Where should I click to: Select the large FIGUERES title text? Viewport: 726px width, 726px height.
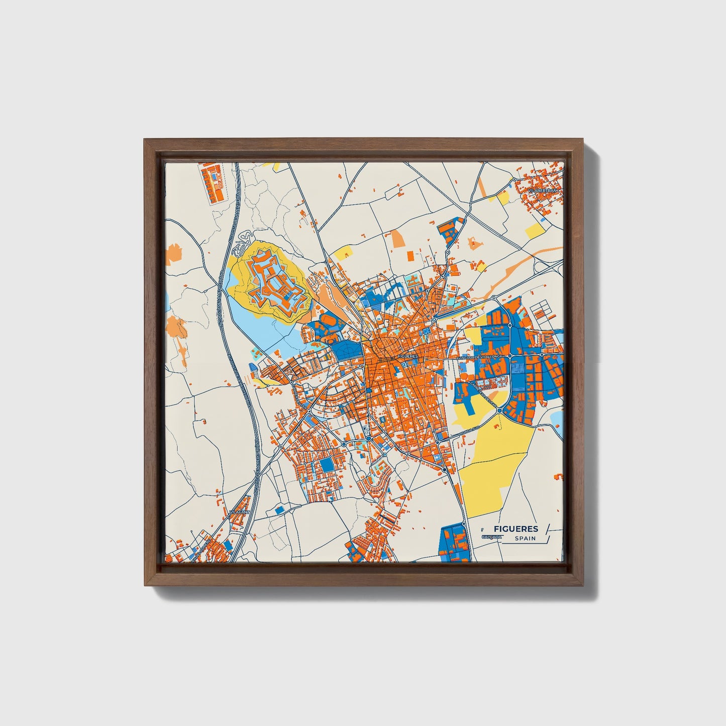pos(515,529)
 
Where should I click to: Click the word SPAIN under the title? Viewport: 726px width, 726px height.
pos(525,539)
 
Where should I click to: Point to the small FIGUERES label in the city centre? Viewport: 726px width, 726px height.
pos(407,356)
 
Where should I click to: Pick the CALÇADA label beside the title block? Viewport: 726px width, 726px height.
pos(491,537)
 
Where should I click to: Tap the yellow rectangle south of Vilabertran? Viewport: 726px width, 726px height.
pos(534,231)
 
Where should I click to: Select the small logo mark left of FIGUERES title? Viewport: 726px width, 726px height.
pos(482,529)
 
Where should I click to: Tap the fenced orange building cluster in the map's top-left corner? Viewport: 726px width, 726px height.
pos(213,181)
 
